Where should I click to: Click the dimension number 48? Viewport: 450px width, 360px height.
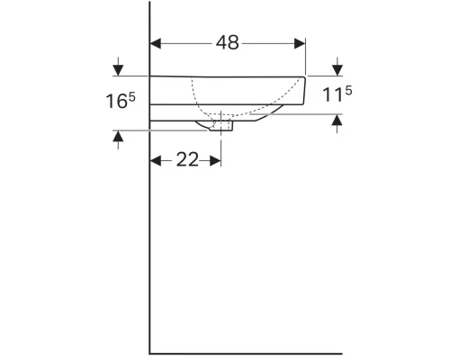point(227,43)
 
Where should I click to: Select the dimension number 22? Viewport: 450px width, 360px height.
point(186,160)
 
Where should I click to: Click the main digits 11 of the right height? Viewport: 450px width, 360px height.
point(332,94)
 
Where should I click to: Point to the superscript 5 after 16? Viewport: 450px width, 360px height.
point(131,94)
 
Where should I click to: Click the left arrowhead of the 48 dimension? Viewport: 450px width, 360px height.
point(155,42)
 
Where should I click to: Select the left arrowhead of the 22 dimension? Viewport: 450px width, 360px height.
point(155,160)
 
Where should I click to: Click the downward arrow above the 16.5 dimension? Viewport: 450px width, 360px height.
point(117,68)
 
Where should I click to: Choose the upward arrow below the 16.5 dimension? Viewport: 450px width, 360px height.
point(117,138)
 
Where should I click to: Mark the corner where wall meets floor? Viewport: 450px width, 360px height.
point(149,353)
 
